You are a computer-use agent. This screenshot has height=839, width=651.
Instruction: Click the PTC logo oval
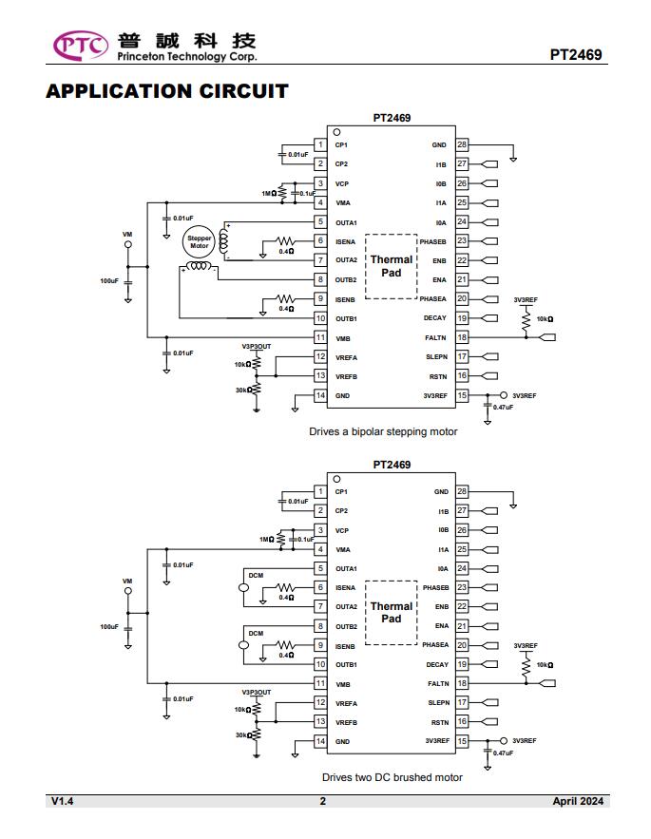click(81, 46)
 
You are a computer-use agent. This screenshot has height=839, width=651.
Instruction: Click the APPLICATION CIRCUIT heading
click(167, 91)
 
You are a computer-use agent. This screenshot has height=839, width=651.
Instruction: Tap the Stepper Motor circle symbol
click(200, 242)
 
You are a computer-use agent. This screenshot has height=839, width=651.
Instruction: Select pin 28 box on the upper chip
click(462, 144)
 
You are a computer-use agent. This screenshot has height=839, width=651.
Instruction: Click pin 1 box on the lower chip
click(320, 491)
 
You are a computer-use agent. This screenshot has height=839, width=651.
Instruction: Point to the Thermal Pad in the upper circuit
click(392, 266)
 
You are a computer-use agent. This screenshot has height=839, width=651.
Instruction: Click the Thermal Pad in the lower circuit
click(392, 613)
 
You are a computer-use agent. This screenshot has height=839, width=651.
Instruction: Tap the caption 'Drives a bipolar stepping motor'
click(383, 431)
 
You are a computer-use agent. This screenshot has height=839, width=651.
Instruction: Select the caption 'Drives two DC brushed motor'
click(393, 777)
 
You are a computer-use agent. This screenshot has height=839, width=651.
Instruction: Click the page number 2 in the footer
click(323, 801)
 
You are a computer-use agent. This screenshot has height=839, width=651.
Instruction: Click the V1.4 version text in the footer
click(62, 801)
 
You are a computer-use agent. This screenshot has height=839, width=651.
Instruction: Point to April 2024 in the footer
click(578, 801)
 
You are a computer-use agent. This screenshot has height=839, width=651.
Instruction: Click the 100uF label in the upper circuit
click(109, 281)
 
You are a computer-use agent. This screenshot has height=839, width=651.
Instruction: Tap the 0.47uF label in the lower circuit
click(504, 753)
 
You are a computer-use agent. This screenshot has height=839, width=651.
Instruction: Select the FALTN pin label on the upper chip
click(435, 337)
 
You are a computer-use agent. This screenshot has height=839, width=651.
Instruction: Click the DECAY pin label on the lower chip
click(437, 664)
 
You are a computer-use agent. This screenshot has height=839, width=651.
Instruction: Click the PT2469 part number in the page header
click(576, 54)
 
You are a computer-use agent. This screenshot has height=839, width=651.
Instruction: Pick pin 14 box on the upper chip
click(320, 395)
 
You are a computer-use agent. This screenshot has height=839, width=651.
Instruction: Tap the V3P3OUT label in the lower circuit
click(257, 693)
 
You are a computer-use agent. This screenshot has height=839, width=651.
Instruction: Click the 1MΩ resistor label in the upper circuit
click(269, 194)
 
